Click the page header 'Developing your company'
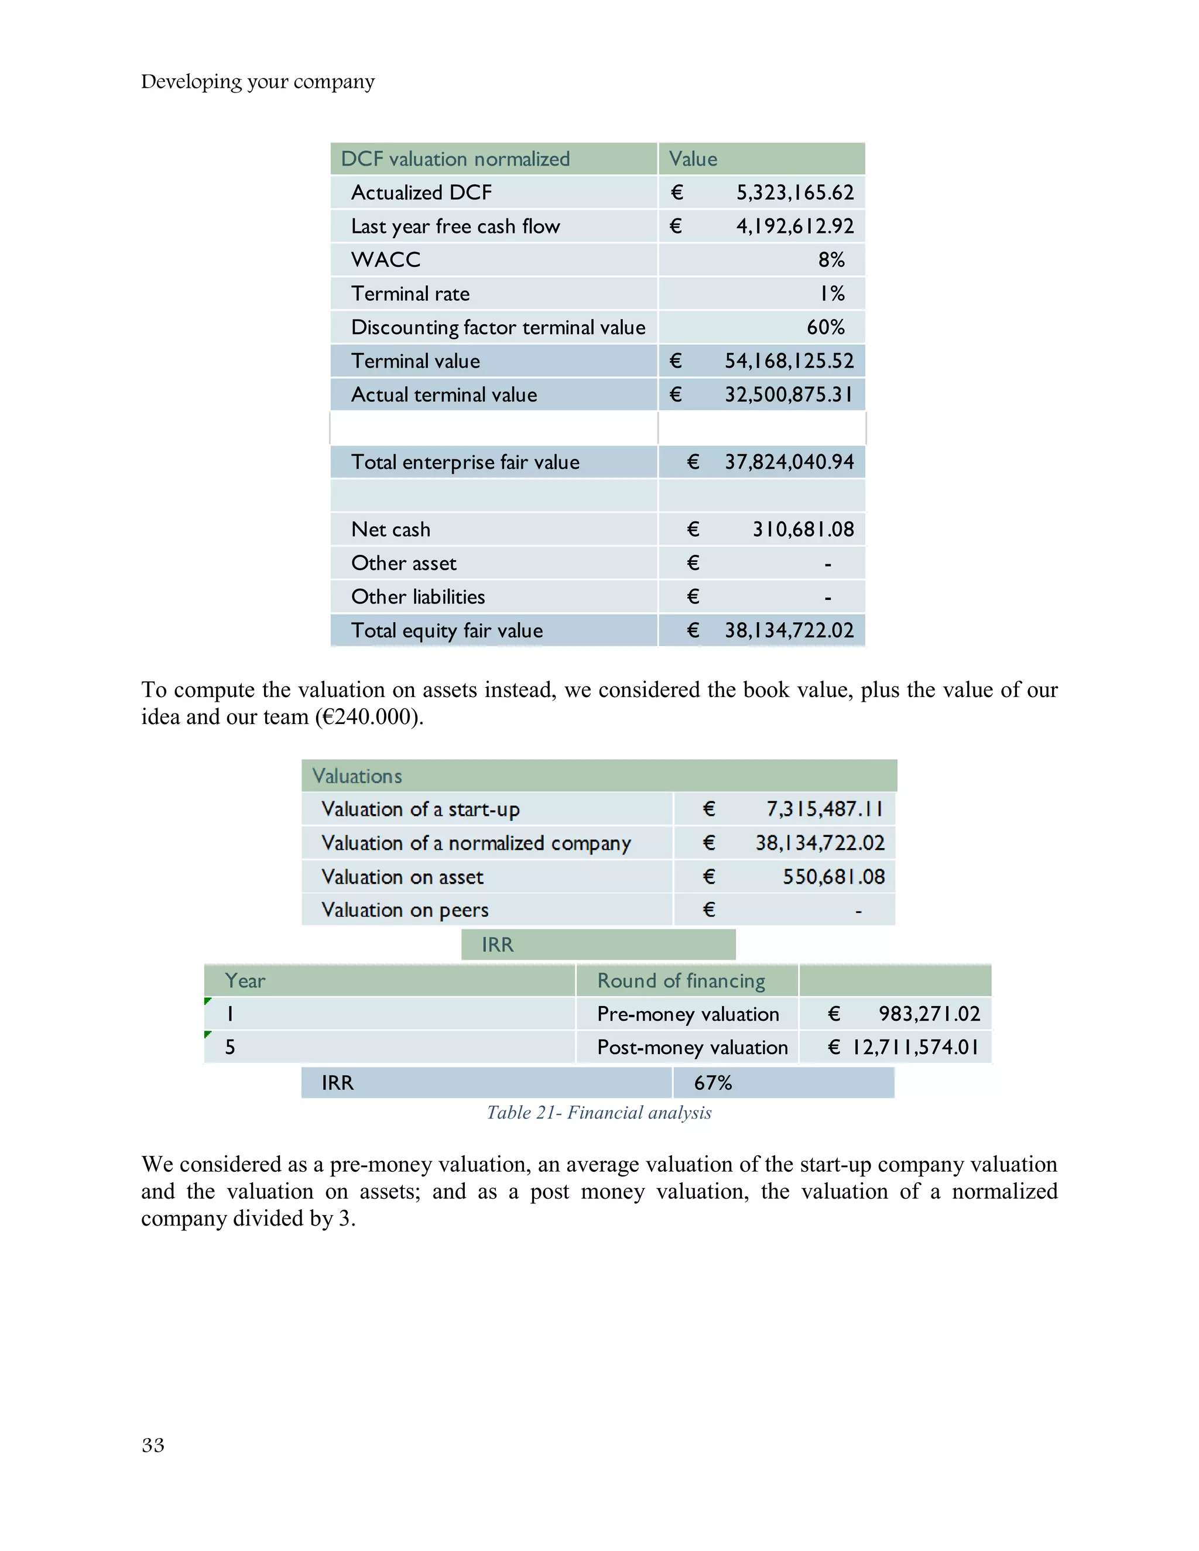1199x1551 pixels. pyautogui.click(x=257, y=82)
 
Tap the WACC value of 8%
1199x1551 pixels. pyautogui.click(x=830, y=260)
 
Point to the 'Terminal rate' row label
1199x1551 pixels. pyautogui.click(x=410, y=293)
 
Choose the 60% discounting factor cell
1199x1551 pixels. pyautogui.click(x=825, y=327)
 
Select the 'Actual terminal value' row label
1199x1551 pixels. pyautogui.click(x=443, y=395)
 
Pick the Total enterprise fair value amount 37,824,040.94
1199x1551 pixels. pyautogui.click(x=789, y=462)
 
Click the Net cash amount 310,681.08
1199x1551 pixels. pyautogui.click(x=803, y=529)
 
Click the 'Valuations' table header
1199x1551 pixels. pyautogui.click(x=357, y=775)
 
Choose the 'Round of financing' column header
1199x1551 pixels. pyautogui.click(x=680, y=981)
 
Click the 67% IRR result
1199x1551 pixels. pyautogui.click(x=712, y=1082)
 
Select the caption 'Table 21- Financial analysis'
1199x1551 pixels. pyautogui.click(x=599, y=1112)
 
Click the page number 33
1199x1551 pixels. pyautogui.click(x=153, y=1445)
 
